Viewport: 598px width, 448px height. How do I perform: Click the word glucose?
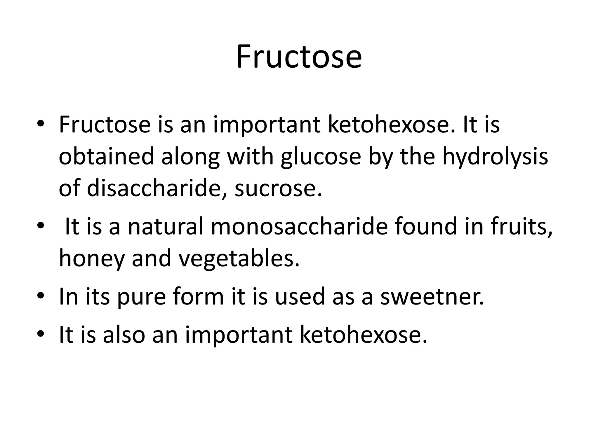click(x=321, y=157)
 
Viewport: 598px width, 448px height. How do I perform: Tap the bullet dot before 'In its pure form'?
click(x=41, y=296)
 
